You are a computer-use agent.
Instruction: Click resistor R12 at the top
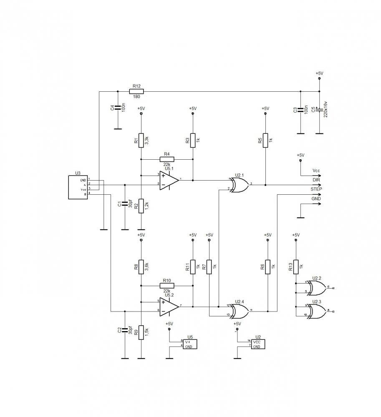click(136, 91)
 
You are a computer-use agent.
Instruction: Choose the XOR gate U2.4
click(239, 311)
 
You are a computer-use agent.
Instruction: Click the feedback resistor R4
click(167, 159)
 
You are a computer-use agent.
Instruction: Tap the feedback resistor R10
click(167, 286)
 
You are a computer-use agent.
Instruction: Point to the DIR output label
click(316, 179)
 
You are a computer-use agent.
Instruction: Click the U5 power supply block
click(189, 344)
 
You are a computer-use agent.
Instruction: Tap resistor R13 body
click(296, 267)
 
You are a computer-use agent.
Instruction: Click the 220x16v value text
click(326, 109)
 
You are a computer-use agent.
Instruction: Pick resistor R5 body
click(265, 141)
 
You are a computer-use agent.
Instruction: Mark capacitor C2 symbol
click(124, 330)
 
